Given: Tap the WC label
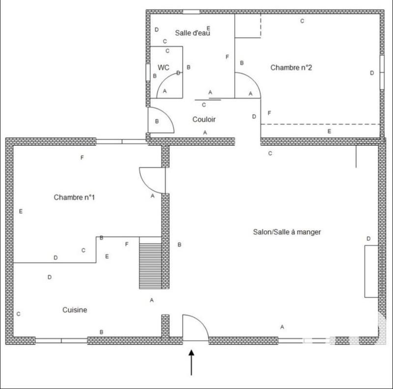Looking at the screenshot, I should (163, 67).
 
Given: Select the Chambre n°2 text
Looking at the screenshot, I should (291, 68).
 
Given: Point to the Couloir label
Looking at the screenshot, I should (204, 119).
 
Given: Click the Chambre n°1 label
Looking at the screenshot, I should (74, 197).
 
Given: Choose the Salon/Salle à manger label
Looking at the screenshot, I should (287, 232).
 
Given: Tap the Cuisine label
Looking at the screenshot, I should (75, 310).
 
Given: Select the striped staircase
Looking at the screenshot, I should (150, 263).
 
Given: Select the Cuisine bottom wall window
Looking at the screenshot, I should (61, 340).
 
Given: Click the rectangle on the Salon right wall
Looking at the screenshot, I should (370, 271).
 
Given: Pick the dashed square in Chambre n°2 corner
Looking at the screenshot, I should (248, 26).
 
